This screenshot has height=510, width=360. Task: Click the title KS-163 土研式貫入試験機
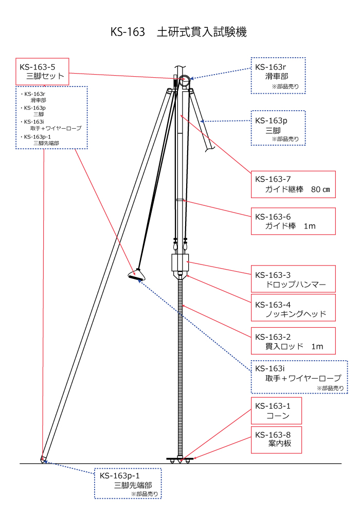pos(178,32)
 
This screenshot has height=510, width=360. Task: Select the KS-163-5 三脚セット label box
pos(42,72)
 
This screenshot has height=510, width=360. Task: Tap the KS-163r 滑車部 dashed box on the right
pos(278,75)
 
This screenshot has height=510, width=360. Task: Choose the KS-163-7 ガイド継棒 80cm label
pos(293,184)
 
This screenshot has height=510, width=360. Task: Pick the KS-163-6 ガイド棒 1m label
pos(293,221)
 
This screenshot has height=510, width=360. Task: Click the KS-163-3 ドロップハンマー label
pos(293,279)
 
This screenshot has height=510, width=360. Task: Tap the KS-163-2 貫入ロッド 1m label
pos(293,341)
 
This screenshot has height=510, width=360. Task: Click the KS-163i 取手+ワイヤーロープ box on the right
pos(299,377)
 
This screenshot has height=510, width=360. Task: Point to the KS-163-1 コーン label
pos(276,410)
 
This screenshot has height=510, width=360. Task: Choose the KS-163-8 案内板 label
pos(276,439)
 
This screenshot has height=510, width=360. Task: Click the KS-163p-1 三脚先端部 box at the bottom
pos(128,483)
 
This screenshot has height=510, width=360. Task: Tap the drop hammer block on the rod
pos(180,263)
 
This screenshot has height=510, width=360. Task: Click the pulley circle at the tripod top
pos(184,80)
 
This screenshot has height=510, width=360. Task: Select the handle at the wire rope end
pos(136,276)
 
